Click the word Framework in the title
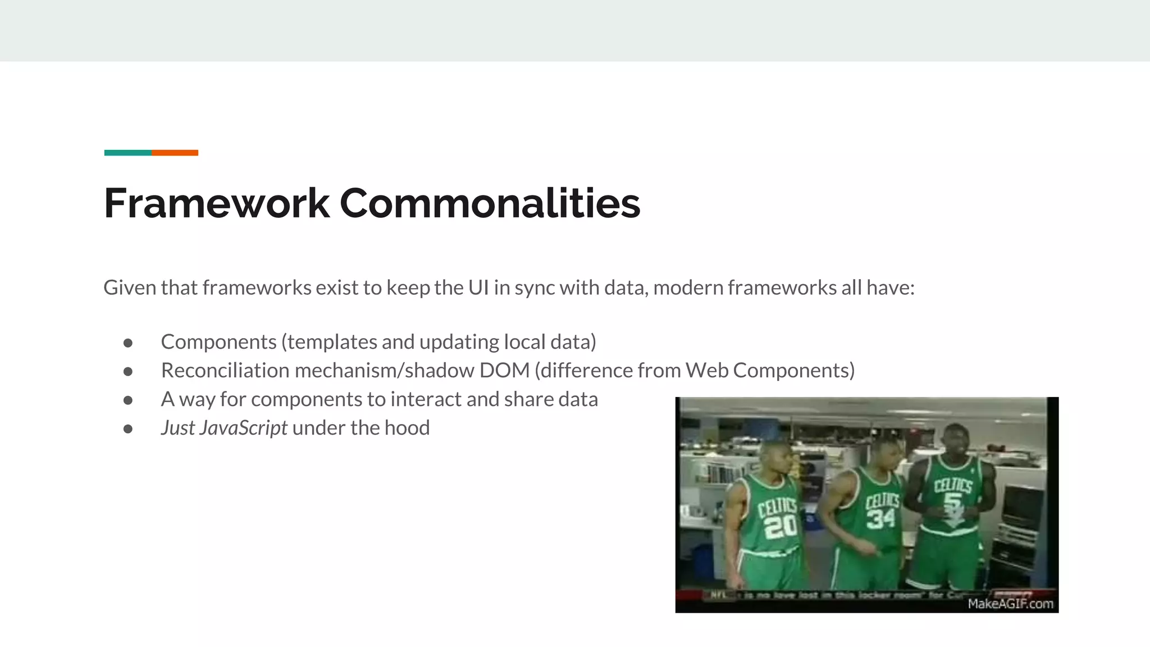tap(217, 203)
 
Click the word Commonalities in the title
tap(490, 203)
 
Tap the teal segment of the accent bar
tap(127, 153)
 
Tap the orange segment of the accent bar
tap(175, 153)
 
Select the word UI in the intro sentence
tap(478, 288)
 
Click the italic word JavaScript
tap(243, 428)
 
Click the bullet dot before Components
tap(128, 343)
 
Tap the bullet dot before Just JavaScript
tap(128, 429)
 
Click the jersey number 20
tap(780, 526)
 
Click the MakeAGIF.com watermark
tap(1010, 604)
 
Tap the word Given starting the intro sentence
tap(130, 288)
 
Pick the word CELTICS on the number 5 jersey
tap(952, 485)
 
